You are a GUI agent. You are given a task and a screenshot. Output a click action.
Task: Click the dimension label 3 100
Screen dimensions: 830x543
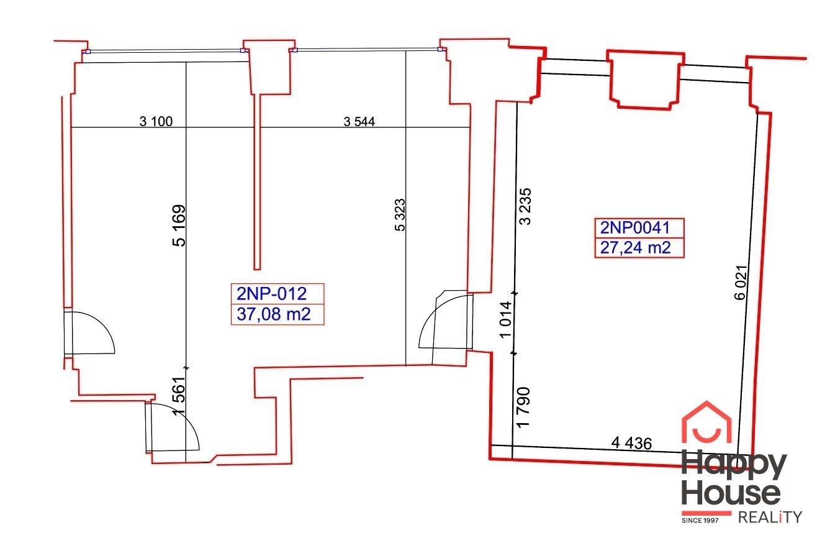pyautogui.click(x=156, y=121)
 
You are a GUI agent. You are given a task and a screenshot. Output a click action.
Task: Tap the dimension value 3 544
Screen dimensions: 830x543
pyautogui.click(x=359, y=121)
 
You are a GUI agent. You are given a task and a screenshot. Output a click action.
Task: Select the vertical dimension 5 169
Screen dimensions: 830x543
pyautogui.click(x=179, y=226)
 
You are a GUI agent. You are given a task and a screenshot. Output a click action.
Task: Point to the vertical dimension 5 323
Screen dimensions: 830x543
pyautogui.click(x=400, y=215)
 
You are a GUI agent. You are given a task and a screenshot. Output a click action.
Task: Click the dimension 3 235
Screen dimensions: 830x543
pyautogui.click(x=526, y=206)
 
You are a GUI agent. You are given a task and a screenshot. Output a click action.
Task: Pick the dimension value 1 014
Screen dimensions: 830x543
pyautogui.click(x=506, y=319)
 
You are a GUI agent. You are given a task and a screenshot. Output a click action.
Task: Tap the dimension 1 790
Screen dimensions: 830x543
pyautogui.click(x=523, y=408)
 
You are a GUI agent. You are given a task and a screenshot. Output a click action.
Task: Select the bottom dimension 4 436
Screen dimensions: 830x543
pyautogui.click(x=631, y=443)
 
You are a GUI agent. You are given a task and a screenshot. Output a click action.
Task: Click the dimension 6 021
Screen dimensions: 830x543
pyautogui.click(x=741, y=282)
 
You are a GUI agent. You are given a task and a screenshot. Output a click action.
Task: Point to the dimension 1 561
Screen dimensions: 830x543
pyautogui.click(x=178, y=396)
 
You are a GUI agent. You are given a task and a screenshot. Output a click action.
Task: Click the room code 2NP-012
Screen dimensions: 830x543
pyautogui.click(x=272, y=294)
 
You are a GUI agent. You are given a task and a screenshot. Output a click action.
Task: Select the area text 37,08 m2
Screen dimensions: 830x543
pyautogui.click(x=273, y=314)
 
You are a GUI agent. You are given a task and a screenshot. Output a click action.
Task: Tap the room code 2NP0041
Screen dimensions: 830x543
pyautogui.click(x=635, y=228)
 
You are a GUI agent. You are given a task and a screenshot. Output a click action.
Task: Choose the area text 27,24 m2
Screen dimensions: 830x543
pyautogui.click(x=636, y=247)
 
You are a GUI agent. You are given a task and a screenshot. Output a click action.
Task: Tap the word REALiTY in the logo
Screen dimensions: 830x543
pyautogui.click(x=770, y=518)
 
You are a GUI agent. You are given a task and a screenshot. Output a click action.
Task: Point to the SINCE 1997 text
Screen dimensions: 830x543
pyautogui.click(x=700, y=521)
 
